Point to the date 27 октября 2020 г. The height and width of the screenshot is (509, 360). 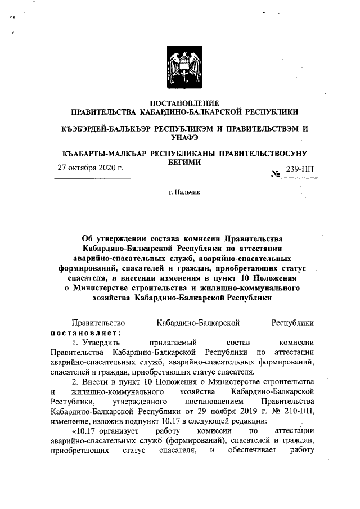(91, 168)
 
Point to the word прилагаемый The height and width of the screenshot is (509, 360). (171, 342)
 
